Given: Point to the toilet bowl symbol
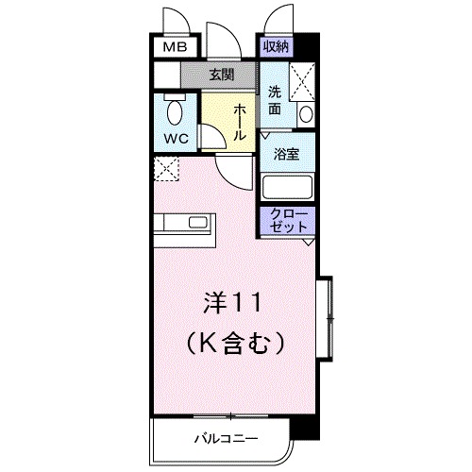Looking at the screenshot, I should tap(176, 112).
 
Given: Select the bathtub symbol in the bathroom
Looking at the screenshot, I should tap(289, 186).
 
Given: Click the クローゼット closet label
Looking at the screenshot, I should tap(289, 220).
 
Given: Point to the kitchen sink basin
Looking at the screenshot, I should tap(199, 224).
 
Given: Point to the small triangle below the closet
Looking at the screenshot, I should tap(308, 242).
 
